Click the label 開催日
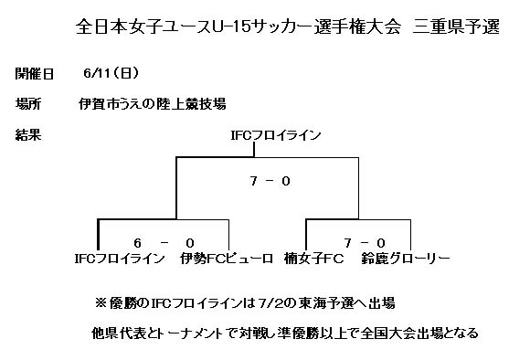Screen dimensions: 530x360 (x=36, y=71)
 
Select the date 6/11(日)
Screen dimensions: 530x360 (x=111, y=71)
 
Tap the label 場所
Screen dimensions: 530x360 (x=27, y=102)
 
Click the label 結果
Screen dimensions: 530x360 (x=27, y=134)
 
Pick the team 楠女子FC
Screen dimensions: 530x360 (x=313, y=259)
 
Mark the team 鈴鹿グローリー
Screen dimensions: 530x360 (x=406, y=259)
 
